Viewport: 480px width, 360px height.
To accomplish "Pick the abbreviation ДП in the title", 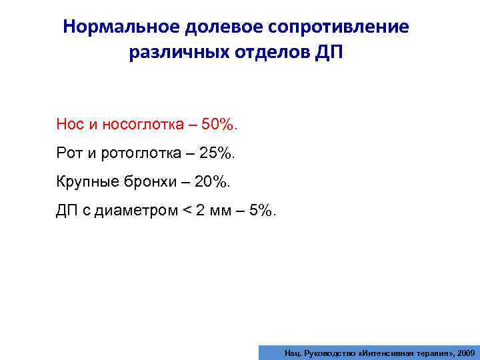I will coord(326,53).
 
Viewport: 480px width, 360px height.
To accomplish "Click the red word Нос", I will coord(69,124).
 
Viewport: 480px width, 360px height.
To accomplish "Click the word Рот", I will coord(69,153).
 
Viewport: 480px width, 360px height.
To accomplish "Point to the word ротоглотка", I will coord(136,153).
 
